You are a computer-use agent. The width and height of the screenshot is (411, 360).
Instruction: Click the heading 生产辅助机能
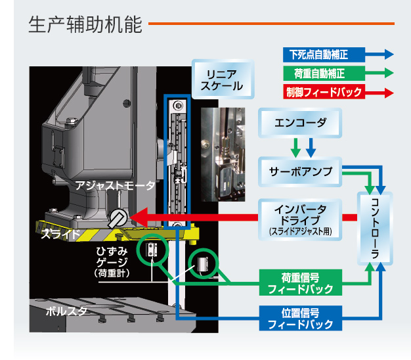(85, 26)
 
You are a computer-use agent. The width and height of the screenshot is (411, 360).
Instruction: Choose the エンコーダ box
(301, 122)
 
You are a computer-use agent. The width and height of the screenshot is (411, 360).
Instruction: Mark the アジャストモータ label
(116, 187)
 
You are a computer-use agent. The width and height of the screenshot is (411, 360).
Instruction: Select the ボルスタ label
(66, 311)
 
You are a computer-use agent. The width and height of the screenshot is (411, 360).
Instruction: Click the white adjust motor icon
(118, 217)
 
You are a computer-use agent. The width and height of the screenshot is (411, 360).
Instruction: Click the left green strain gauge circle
(152, 250)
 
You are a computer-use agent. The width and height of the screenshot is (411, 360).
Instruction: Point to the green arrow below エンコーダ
(295, 146)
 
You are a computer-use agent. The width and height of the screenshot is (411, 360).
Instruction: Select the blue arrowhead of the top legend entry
(388, 55)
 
